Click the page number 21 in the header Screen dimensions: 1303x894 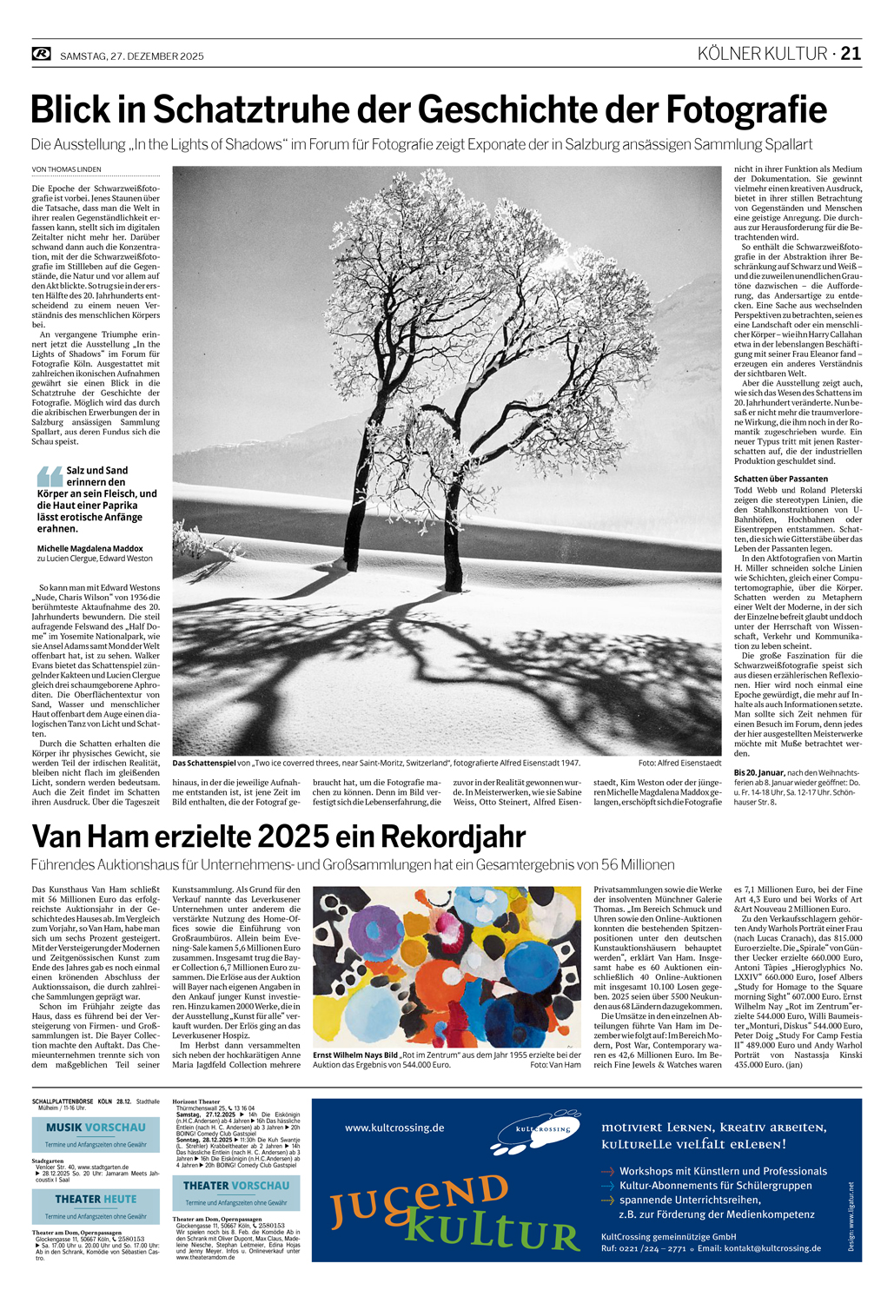point(851,54)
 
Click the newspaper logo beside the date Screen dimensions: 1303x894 point(42,55)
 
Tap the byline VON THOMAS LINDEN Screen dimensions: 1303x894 point(66,169)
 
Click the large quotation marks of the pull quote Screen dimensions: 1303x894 point(50,475)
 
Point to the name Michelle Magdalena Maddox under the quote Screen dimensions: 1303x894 point(89,548)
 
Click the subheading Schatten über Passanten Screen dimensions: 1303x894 point(781,479)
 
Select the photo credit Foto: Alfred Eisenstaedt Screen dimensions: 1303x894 point(679,763)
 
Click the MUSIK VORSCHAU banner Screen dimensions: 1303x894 point(96,1128)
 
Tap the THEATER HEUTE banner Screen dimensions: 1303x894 point(96,1199)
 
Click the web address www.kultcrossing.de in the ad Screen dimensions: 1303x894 point(394,1128)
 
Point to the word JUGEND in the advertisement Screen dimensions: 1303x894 point(417,1196)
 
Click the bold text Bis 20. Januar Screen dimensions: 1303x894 point(759,772)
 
